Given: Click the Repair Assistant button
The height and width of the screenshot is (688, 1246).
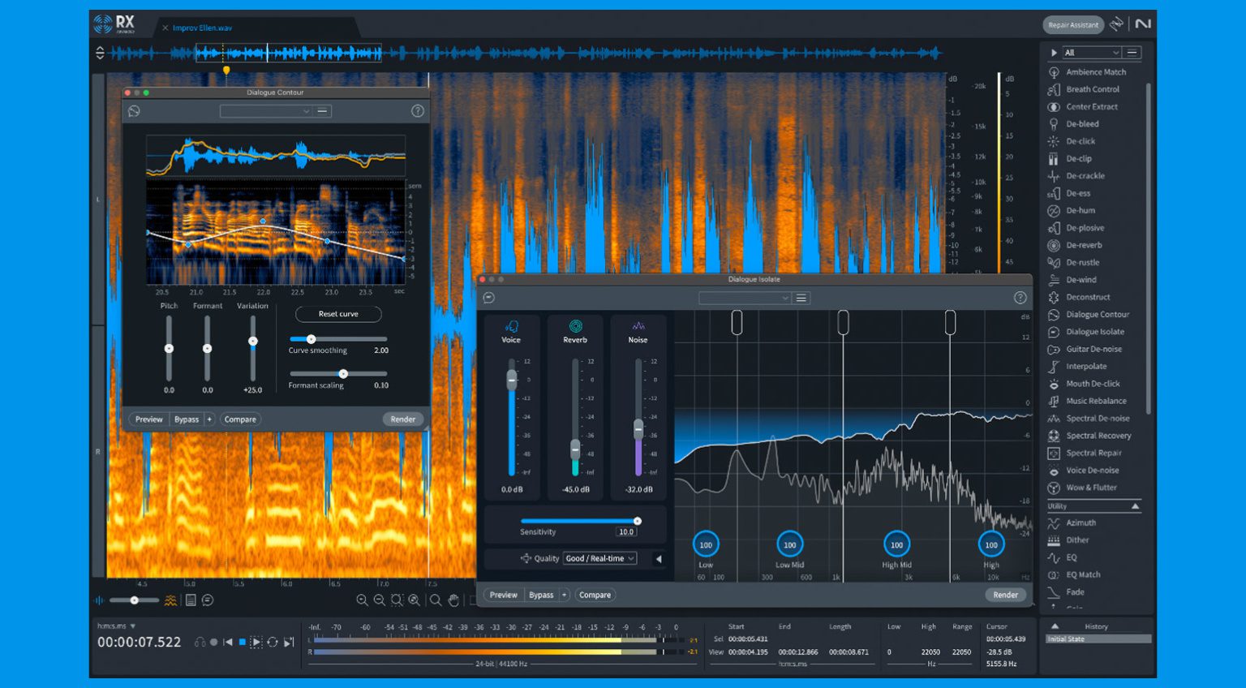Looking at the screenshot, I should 1072,25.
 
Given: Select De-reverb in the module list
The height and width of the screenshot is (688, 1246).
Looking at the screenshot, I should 1084,245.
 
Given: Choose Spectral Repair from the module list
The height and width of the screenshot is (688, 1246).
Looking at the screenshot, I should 1093,453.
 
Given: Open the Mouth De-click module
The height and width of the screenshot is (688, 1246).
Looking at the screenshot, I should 1093,384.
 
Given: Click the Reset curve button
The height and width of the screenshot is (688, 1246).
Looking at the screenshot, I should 338,314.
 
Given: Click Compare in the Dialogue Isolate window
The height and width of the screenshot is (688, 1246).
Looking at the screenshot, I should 595,595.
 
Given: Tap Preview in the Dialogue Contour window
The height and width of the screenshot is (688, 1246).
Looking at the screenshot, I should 148,419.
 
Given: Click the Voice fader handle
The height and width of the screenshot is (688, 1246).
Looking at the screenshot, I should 512,380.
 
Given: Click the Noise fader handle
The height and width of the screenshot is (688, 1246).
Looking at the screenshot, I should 638,428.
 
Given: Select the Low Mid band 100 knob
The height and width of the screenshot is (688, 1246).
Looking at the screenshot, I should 789,544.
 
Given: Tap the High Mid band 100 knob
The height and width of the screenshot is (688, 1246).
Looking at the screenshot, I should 896,544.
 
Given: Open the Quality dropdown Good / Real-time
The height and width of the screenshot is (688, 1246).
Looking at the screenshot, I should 600,558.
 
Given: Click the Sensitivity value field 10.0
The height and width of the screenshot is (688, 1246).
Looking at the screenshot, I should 626,532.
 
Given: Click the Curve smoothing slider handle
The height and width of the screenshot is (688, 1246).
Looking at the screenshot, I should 311,339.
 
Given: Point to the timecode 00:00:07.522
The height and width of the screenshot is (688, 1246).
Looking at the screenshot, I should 140,642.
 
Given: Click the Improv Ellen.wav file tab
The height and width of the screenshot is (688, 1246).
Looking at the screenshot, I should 202,28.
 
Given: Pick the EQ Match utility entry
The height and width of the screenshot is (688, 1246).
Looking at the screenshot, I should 1083,574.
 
